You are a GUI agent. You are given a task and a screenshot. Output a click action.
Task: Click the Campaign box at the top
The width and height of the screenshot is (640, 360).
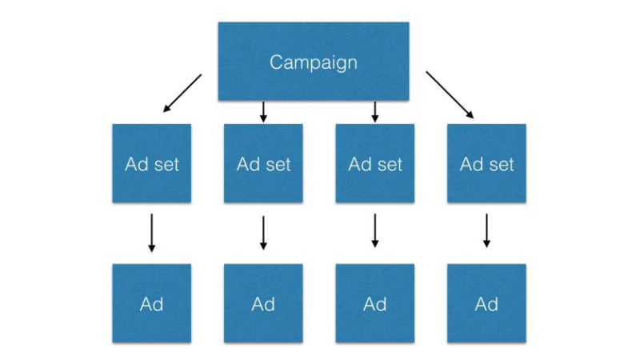coord(314,62)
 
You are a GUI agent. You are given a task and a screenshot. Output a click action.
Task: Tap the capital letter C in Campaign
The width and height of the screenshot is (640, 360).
coord(277,62)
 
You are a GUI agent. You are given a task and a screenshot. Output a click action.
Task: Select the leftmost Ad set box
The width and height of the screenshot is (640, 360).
coord(152,164)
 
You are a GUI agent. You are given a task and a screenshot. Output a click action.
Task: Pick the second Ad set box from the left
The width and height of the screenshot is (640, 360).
coord(263,164)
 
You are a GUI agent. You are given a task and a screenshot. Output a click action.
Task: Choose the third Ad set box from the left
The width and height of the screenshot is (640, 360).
coord(375,164)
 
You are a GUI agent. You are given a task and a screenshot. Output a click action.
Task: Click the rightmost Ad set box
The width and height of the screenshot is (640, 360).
coord(486,164)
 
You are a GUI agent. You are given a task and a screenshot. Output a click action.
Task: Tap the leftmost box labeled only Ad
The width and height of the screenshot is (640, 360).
coord(152,303)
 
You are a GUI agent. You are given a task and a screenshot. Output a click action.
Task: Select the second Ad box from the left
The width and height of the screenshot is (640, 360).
coord(263,303)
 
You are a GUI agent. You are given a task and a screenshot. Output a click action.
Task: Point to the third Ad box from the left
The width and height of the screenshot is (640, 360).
coord(375,303)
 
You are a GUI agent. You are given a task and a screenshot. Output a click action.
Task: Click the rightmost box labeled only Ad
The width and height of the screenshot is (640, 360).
coord(486,303)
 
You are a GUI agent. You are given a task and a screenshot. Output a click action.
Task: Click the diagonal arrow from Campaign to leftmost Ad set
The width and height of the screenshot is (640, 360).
coord(182,93)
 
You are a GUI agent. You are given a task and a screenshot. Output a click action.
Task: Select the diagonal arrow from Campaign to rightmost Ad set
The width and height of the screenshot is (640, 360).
coord(450,95)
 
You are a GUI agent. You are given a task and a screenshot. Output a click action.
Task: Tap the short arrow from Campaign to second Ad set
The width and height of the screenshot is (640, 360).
coord(263,112)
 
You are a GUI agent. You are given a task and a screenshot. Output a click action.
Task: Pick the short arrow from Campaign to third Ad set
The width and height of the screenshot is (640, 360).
coord(375,112)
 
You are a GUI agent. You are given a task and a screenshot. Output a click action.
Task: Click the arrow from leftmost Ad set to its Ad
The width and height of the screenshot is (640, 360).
coord(152,233)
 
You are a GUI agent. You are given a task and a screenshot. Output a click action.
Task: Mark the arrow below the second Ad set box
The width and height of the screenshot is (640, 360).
coord(263,233)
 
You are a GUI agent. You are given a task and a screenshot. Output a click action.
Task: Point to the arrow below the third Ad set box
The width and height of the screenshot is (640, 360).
coord(375,233)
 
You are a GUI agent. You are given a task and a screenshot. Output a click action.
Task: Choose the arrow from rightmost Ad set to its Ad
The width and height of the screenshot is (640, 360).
coord(486,233)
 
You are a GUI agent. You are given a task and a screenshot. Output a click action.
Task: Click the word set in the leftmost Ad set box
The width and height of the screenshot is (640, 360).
coord(165,165)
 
